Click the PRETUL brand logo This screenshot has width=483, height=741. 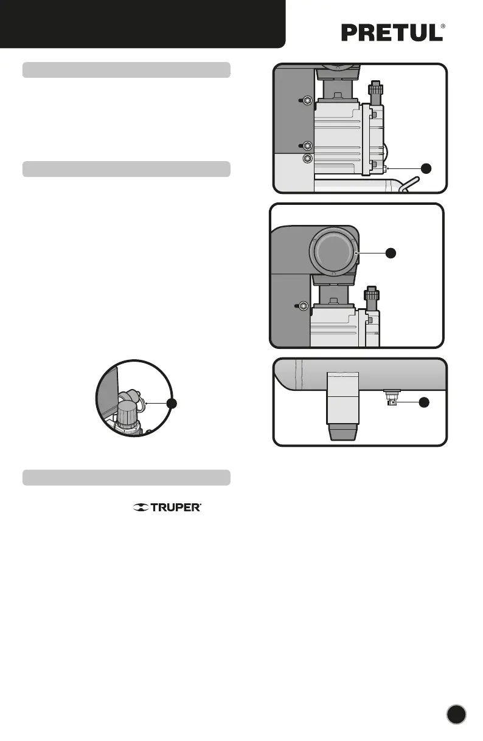tap(392, 33)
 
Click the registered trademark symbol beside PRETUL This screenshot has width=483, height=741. tap(443, 27)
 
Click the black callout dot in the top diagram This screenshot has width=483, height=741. tap(428, 168)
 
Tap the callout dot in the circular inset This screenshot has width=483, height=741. tap(173, 403)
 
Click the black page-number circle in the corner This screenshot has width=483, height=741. tap(456, 714)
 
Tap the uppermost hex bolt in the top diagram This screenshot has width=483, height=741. tap(308, 100)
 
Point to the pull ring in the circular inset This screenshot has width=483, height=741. tap(139, 404)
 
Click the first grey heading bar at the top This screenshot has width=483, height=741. tap(126, 69)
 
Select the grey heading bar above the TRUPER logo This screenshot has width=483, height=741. tap(126, 477)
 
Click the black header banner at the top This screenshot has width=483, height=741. tap(142, 23)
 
